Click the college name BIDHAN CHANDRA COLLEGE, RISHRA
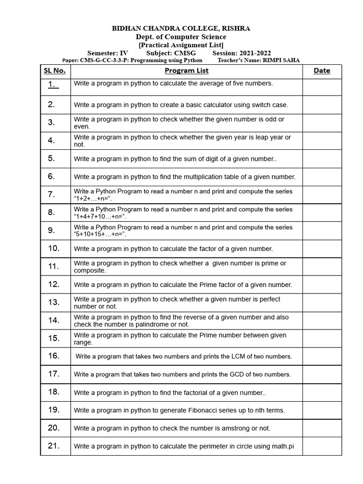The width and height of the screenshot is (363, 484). (x=181, y=29)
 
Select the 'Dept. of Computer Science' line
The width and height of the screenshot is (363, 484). (x=181, y=37)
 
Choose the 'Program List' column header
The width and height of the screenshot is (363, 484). (x=186, y=71)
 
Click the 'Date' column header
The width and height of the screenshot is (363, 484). (x=322, y=71)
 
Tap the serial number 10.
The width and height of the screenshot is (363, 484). (x=53, y=248)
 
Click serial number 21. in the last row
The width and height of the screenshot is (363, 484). (x=53, y=446)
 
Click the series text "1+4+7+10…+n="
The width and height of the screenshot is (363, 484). (x=100, y=216)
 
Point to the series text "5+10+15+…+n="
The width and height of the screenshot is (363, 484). (x=100, y=234)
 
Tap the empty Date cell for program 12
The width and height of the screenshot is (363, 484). (x=322, y=285)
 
